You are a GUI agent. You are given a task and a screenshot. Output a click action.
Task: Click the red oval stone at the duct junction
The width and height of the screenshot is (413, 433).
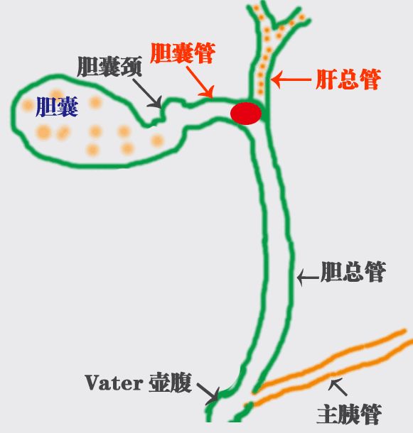pyautogui.click(x=246, y=114)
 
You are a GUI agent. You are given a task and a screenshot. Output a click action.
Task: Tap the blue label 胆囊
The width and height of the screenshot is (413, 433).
pyautogui.click(x=57, y=107)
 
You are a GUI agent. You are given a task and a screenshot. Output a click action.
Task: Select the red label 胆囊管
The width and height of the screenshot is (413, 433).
pyautogui.click(x=183, y=53)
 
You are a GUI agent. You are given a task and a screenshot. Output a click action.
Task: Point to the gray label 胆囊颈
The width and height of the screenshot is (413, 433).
pyautogui.click(x=109, y=67)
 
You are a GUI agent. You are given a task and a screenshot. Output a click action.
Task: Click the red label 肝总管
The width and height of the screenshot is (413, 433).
pyautogui.click(x=348, y=80)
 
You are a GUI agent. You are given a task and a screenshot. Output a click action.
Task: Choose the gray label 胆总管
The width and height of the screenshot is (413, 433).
pyautogui.click(x=353, y=272)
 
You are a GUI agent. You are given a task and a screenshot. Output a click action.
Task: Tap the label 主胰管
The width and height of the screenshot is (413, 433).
pyautogui.click(x=349, y=415)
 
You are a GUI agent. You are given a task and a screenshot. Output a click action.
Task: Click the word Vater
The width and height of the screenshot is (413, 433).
pyautogui.click(x=114, y=383)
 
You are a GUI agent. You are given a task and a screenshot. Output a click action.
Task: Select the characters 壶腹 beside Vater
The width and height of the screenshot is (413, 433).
pyautogui.click(x=170, y=383)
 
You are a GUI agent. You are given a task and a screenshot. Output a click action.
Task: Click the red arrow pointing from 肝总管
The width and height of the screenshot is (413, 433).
pyautogui.click(x=291, y=80)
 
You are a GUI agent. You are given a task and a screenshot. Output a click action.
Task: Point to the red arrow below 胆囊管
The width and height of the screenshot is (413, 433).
pyautogui.click(x=200, y=82)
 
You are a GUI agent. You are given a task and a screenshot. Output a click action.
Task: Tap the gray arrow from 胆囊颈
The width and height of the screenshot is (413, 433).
pyautogui.click(x=147, y=93)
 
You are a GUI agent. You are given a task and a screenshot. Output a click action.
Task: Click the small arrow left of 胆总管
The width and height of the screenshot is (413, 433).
pyautogui.click(x=308, y=277)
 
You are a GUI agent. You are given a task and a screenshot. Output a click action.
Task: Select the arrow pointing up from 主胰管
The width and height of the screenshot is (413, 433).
pyautogui.click(x=338, y=387)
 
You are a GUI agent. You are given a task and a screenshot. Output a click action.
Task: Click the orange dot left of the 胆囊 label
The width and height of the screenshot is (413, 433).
pyautogui.click(x=28, y=105)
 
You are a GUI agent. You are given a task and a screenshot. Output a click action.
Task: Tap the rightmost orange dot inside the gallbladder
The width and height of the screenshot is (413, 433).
pyautogui.click(x=157, y=141)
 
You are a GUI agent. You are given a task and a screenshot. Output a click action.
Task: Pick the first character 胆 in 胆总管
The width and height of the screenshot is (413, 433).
pyautogui.click(x=331, y=272)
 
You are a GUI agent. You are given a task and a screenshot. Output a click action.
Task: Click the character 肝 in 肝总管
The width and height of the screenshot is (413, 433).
pyautogui.click(x=327, y=80)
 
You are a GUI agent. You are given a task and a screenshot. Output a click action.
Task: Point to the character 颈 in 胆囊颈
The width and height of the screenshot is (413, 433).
pyautogui.click(x=132, y=67)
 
